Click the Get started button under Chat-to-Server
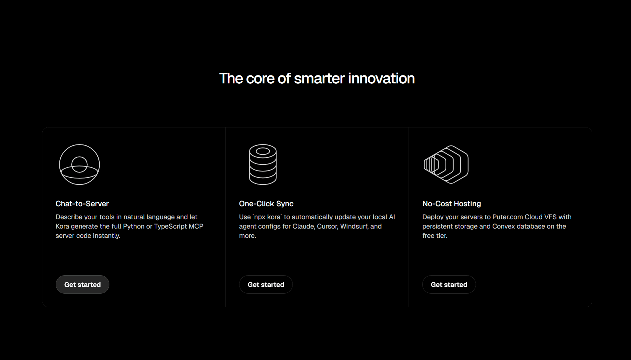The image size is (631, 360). pos(82,285)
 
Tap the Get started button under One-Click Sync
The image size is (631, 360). pos(266,285)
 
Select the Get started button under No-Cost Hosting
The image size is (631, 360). pos(449,285)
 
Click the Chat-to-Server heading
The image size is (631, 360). pos(82,204)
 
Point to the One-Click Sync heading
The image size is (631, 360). pos(266,204)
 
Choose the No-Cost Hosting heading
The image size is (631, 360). pos(452,204)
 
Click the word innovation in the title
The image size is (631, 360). pos(381,79)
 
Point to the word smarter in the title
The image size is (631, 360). pos(319,79)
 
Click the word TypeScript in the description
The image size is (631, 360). pos(170,226)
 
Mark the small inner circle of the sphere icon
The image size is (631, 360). pos(79,156)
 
